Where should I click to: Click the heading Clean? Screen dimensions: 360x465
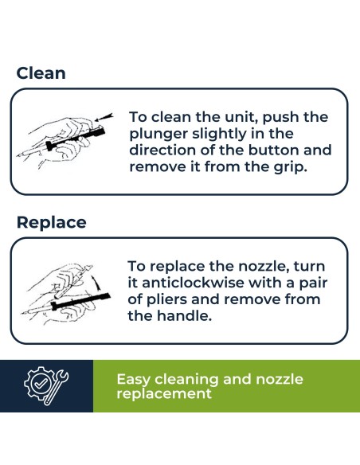[41, 73]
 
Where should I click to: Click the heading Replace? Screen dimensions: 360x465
[51, 222]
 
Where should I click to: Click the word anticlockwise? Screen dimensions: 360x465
[193, 283]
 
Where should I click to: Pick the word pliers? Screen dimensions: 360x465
[166, 300]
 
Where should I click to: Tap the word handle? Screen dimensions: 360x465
[184, 316]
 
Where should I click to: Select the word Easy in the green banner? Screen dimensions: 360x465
[134, 380]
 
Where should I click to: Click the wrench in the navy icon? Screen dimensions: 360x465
[57, 387]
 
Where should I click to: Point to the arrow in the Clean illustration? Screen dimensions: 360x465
[104, 117]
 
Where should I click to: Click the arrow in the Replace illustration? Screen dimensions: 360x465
[96, 283]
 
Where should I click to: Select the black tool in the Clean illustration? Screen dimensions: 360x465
[76, 138]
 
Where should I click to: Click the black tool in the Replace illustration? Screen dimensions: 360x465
[80, 302]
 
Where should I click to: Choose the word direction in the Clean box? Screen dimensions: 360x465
[162, 150]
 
